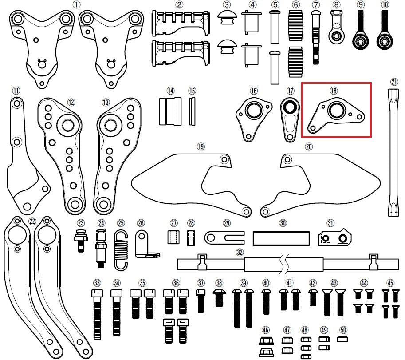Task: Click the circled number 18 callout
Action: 334,91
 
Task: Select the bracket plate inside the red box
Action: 336,117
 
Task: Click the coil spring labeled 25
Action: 121,250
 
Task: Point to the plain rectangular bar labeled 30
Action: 281,238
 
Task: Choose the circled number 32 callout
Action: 240,252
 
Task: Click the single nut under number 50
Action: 342,339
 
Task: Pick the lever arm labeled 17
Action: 290,119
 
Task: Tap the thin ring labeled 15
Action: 192,111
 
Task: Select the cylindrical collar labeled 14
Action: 170,111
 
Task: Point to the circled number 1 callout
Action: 76,4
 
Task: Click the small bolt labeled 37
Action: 201,301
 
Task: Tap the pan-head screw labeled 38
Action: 219,298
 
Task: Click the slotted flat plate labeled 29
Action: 224,238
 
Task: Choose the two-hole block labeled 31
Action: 335,237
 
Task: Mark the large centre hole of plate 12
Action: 68,126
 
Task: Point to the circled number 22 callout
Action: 32,222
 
